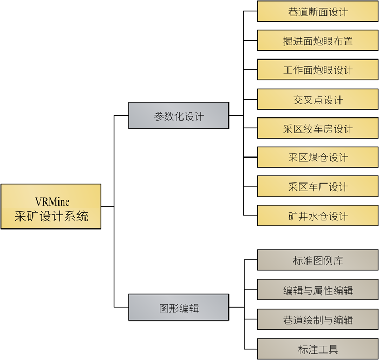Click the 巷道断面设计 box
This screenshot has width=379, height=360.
(318, 11)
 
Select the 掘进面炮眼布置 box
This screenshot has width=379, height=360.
(318, 41)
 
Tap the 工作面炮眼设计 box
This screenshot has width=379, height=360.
(318, 70)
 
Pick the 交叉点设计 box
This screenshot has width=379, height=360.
(318, 100)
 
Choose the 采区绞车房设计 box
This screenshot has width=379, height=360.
(318, 129)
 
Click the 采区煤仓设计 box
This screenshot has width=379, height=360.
(318, 158)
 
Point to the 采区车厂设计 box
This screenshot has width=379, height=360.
(318, 187)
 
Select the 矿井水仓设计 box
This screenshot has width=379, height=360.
(318, 216)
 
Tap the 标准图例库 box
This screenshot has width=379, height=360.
(318, 260)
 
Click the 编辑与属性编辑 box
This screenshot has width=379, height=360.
(318, 290)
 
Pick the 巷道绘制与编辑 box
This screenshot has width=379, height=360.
(318, 319)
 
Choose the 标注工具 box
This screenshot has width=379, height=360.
(318, 349)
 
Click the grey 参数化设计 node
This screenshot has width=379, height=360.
(179, 116)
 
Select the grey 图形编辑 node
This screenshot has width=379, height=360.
(179, 308)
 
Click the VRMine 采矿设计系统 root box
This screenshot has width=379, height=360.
(51, 206)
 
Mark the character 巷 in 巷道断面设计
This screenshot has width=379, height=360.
(294, 12)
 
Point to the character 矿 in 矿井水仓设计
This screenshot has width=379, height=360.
(294, 217)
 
